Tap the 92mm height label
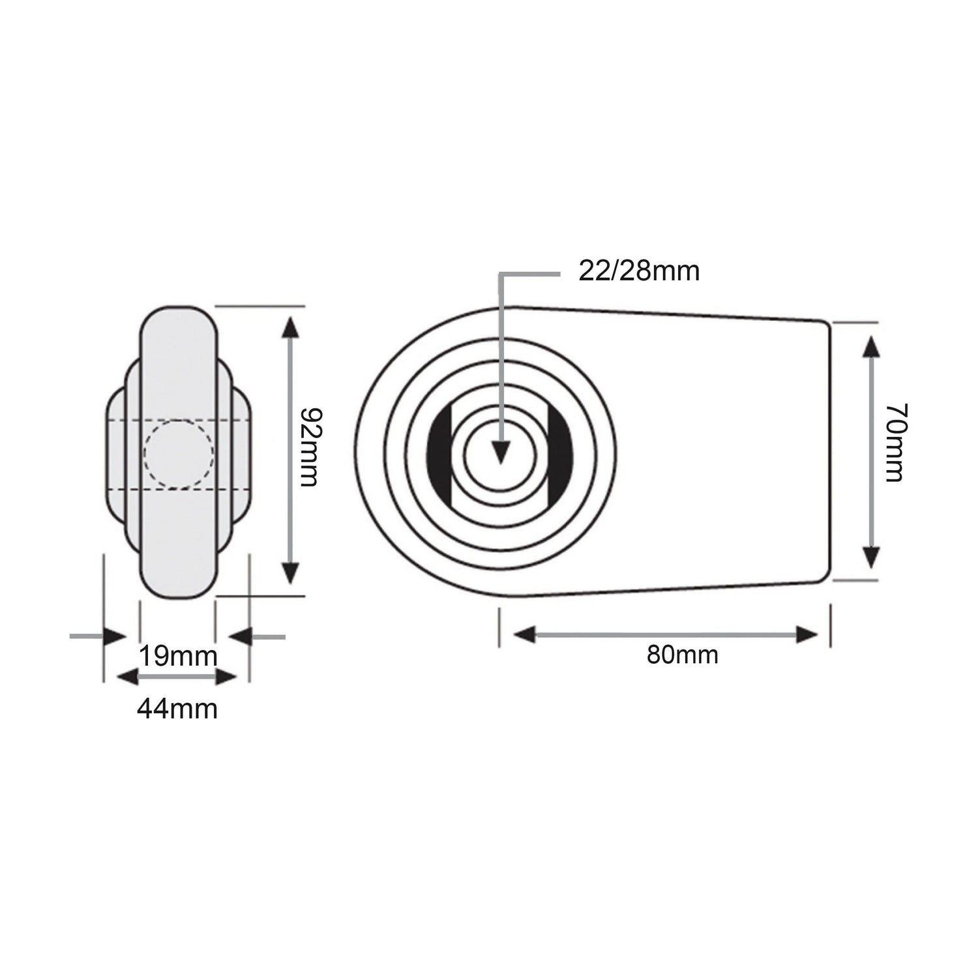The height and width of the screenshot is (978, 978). (x=308, y=447)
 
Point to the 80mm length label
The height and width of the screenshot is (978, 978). (x=682, y=655)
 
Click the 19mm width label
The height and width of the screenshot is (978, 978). (x=177, y=656)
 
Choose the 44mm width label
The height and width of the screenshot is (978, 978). (x=177, y=708)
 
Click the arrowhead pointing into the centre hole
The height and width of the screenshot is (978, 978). (x=500, y=452)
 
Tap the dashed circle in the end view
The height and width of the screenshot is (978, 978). (x=178, y=454)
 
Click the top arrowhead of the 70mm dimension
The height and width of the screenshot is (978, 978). (x=868, y=346)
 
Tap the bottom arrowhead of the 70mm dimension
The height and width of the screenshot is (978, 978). (x=868, y=557)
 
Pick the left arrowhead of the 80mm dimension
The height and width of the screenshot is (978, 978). (x=524, y=634)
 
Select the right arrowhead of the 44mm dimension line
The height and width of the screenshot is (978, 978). (x=226, y=678)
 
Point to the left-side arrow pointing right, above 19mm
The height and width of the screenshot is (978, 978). (x=115, y=636)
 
